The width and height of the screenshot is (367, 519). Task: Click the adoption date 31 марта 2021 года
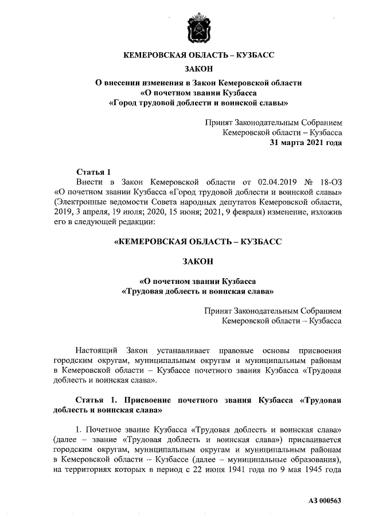click(306, 143)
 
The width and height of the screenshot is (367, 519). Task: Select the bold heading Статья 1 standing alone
click(92, 171)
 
